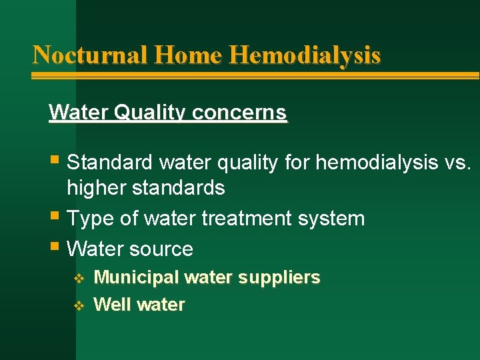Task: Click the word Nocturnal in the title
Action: point(90,54)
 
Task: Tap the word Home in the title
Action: point(187,54)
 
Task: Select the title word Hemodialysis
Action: point(305,54)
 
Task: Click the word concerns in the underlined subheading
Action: point(239,112)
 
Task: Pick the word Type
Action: point(89,218)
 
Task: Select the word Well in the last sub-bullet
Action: point(111,305)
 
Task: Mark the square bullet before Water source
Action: point(55,249)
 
